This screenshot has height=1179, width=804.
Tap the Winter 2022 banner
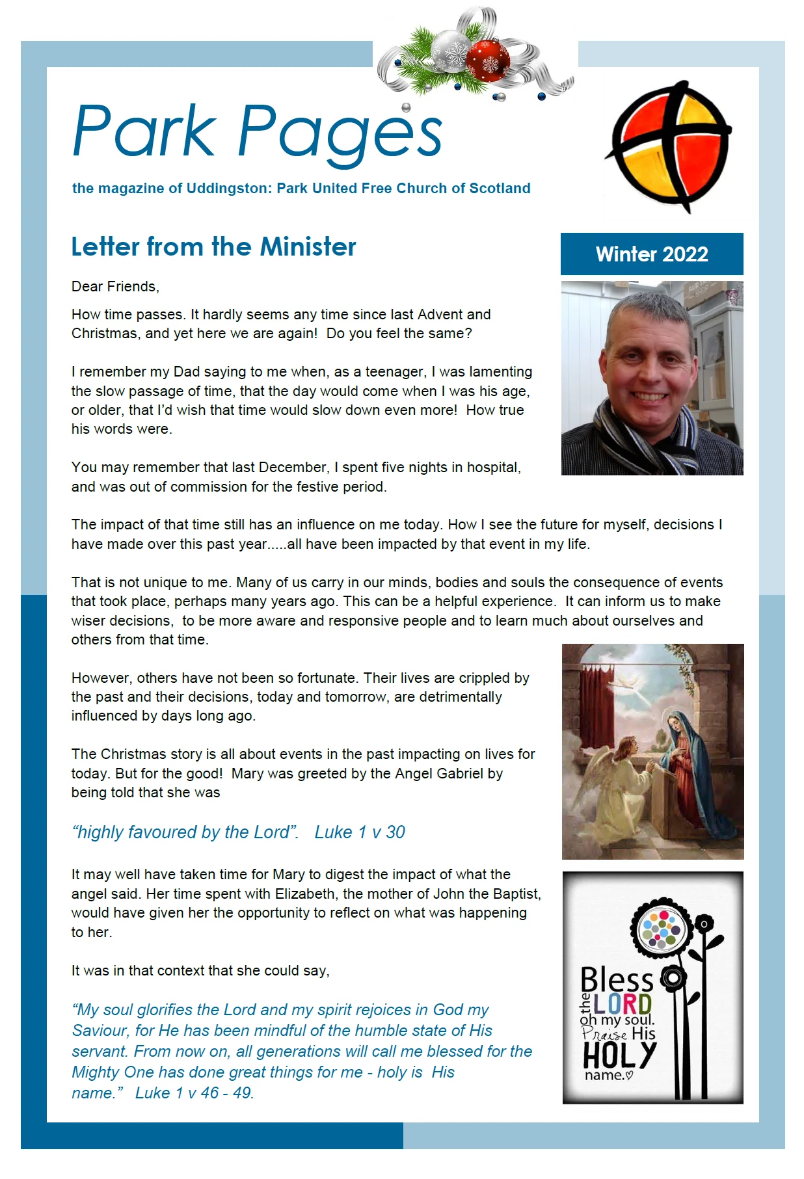(651, 254)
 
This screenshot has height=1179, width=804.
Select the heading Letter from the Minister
(213, 247)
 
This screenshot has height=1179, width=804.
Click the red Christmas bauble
(487, 60)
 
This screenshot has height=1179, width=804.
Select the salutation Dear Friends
(115, 286)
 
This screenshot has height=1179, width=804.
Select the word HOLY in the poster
(619, 1054)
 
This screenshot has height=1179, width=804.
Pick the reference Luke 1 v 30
(359, 832)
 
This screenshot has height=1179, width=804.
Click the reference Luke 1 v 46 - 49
(194, 1093)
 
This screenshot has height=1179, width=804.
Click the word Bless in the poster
(616, 979)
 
